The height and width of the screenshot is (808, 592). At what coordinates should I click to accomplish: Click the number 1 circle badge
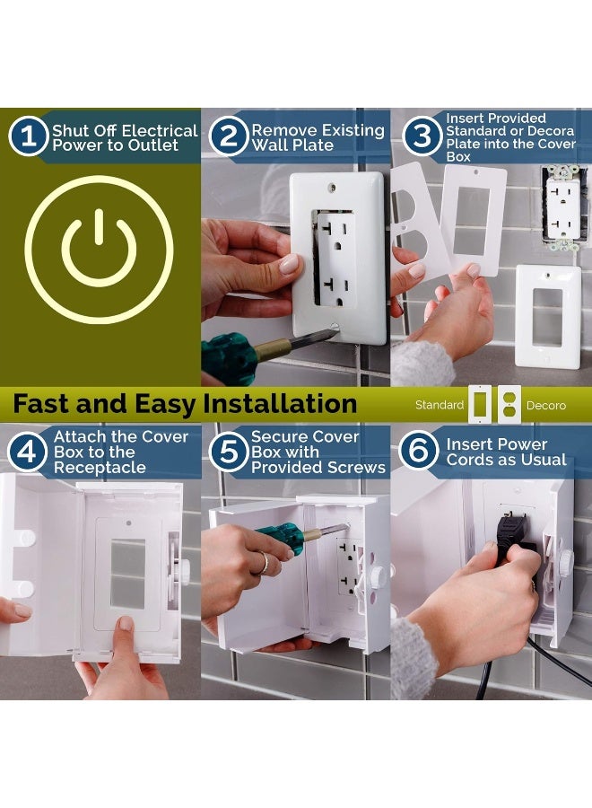[x=28, y=137]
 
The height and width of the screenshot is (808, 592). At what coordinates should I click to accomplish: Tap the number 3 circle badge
[x=421, y=137]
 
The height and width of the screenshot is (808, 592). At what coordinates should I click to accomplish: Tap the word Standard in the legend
[x=439, y=406]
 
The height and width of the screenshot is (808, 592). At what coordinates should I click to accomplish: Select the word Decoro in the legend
[x=545, y=406]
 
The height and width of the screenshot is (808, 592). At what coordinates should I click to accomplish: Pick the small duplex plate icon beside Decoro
[x=509, y=405]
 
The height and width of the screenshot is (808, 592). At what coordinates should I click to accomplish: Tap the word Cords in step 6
[x=472, y=461]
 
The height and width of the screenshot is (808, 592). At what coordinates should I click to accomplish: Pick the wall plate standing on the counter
[x=546, y=316]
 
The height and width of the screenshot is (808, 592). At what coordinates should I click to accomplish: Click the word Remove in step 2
[x=281, y=130]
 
